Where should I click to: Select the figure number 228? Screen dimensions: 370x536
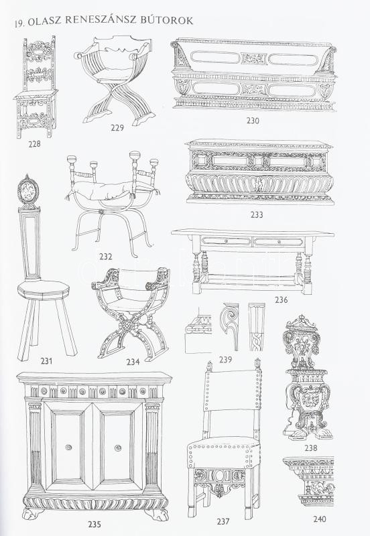click(34, 144)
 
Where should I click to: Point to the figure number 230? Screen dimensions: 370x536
click(253, 121)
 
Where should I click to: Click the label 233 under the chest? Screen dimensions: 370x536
click(257, 214)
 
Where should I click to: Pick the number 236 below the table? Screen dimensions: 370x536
click(281, 299)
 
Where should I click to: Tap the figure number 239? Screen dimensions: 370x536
click(226, 359)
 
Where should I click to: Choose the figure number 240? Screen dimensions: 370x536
click(320, 519)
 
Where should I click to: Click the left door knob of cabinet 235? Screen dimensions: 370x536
click(69, 447)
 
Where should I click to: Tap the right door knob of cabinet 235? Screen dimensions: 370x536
click(118, 447)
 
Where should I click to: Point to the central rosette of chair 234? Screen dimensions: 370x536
click(128, 326)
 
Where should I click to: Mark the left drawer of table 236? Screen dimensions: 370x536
click(226, 242)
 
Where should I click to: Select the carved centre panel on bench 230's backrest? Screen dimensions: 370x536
click(253, 59)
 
